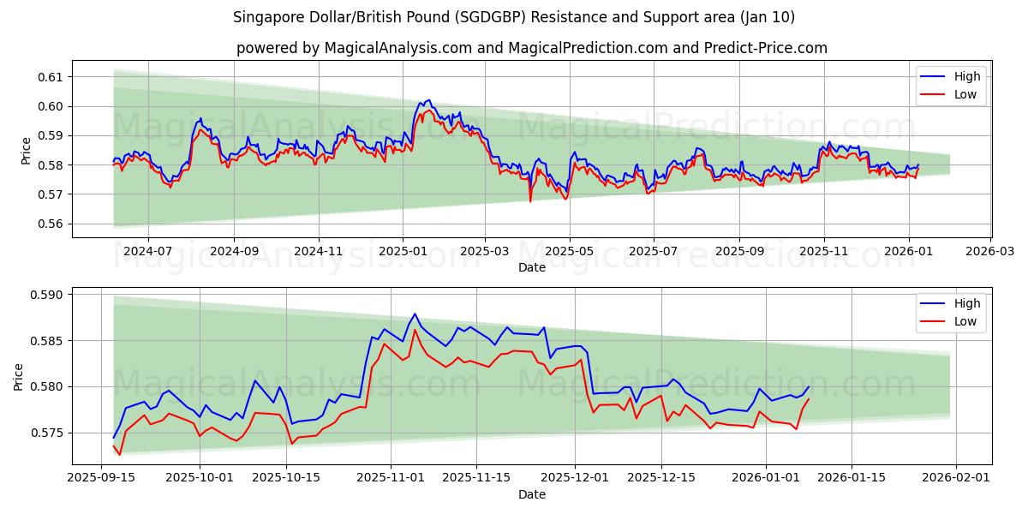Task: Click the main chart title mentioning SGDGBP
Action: (514, 17)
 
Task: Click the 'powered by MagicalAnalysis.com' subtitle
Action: (531, 48)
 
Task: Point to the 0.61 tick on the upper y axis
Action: (51, 77)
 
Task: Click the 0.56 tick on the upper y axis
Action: (51, 224)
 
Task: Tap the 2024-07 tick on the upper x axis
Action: (148, 252)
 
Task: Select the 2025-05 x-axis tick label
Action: (570, 252)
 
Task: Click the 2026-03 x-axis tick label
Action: (991, 252)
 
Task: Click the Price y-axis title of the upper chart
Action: (26, 151)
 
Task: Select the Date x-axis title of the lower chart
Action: (531, 494)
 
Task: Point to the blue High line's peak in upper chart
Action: (429, 100)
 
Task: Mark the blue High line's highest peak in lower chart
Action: (415, 314)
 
